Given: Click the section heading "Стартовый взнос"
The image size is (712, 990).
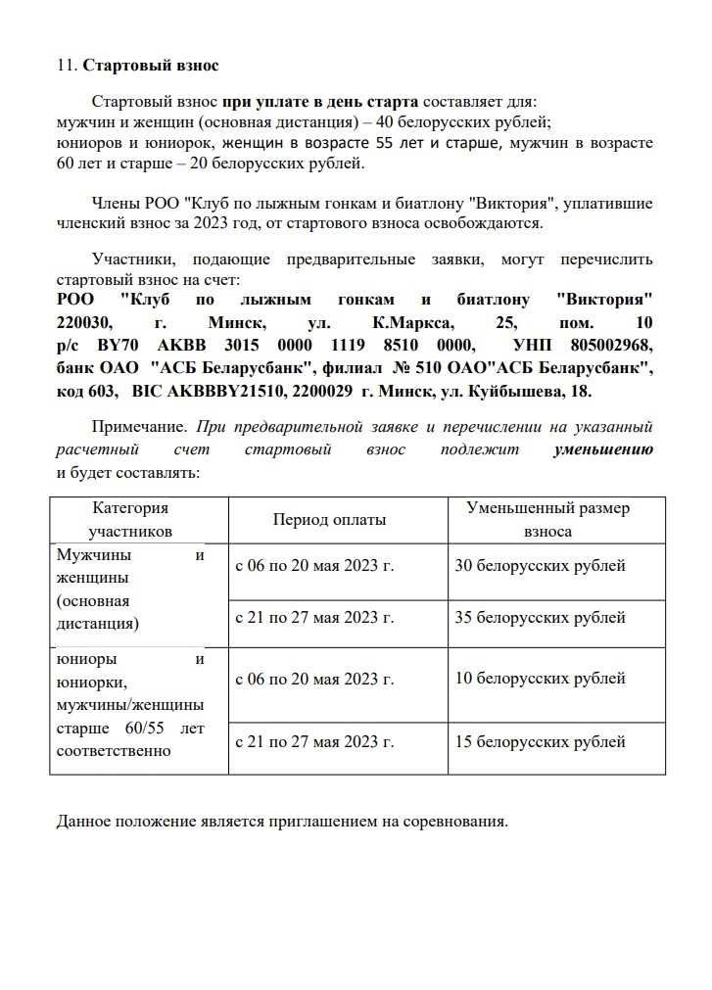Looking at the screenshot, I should tap(151, 66).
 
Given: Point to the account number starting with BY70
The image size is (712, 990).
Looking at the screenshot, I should tap(285, 345).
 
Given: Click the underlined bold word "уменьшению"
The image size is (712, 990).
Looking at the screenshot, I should tap(603, 449).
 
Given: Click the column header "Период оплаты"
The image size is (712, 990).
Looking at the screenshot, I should tap(329, 520).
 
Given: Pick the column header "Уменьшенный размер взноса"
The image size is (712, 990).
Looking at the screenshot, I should tap(548, 520).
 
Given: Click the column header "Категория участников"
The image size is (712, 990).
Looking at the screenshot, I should tap(130, 520).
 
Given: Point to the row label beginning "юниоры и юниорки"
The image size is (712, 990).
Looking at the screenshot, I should tap(130, 705).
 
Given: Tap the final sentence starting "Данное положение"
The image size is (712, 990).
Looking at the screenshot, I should tap(282, 821).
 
